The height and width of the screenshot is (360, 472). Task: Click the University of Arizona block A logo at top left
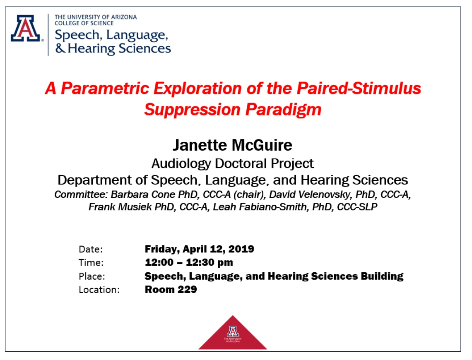tap(26, 29)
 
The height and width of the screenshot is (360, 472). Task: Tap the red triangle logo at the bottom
tap(233, 333)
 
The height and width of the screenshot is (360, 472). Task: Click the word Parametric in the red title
tap(105, 89)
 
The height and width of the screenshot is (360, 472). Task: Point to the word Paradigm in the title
tap(284, 110)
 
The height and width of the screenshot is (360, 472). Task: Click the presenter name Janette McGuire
tap(232, 145)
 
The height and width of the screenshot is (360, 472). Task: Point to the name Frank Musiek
tap(120, 207)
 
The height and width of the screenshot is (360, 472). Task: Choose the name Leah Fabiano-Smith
tap(261, 207)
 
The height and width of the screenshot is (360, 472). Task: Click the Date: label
tap(91, 250)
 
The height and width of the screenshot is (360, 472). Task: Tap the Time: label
tap(91, 263)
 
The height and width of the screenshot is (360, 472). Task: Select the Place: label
tap(92, 276)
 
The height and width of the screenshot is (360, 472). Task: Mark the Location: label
tap(99, 290)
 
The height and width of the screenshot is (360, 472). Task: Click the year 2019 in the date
tap(241, 249)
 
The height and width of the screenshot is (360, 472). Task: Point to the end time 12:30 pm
tap(210, 263)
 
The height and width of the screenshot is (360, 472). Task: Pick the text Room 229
tap(171, 290)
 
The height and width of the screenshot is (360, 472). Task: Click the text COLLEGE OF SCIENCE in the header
tap(84, 24)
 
